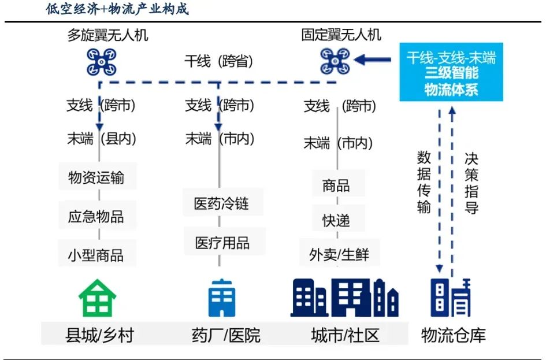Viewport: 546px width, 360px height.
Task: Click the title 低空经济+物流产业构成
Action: coord(117,9)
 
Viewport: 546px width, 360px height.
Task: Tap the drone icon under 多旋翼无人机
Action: coord(101,62)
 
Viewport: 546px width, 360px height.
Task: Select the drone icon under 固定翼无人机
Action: coord(335,61)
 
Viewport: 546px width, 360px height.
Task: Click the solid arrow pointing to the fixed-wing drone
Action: coord(372,60)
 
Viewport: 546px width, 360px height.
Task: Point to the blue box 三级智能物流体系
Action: coord(451,72)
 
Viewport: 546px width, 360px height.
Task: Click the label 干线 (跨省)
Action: coord(218,61)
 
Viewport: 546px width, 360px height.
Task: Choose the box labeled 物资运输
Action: coord(97,176)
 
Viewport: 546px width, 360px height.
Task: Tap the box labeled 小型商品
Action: coord(96,254)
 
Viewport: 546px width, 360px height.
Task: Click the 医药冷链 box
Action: coord(222,202)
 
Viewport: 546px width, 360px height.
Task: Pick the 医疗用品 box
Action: coord(224,242)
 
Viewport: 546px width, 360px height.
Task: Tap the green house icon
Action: coord(98,298)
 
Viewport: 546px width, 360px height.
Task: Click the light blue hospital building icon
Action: coord(222,298)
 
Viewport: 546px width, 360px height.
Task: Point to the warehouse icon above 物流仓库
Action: coord(450,298)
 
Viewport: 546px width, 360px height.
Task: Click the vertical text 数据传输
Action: coord(424,182)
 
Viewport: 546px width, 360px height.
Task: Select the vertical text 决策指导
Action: coord(471,183)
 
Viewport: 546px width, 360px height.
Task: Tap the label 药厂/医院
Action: coord(226,335)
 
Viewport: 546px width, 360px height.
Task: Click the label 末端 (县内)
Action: coord(101,139)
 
